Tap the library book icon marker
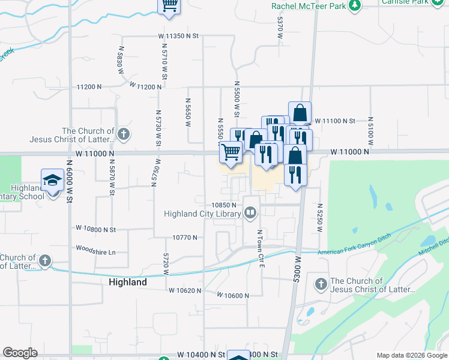[x=250, y=212]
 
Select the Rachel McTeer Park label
[x=309, y=5]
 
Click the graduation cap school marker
[x=52, y=180]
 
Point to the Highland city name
[x=127, y=282]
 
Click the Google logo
[x=19, y=353]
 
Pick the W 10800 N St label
[x=95, y=229]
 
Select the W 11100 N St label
[x=335, y=121]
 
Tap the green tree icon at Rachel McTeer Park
[x=355, y=5]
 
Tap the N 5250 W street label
[x=320, y=214]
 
